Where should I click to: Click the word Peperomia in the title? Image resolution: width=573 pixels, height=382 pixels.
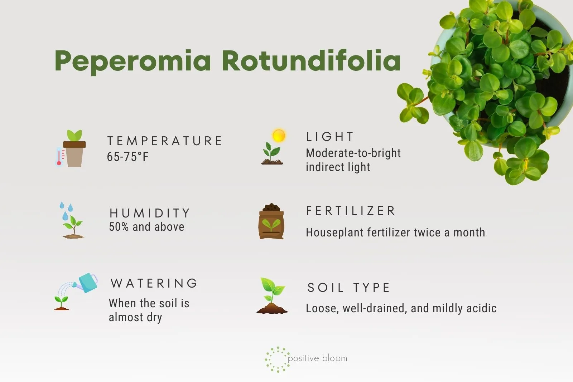133,61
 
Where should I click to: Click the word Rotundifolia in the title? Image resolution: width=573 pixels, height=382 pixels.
311,60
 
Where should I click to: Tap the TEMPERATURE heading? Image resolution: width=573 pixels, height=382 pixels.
164,141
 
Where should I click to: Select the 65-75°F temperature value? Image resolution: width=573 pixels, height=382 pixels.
127,157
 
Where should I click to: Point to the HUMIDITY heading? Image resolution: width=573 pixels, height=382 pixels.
150,213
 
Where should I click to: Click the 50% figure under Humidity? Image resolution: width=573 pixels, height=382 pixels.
119,227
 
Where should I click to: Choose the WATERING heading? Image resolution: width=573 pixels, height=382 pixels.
154,283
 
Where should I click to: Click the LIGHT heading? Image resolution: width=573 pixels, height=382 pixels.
330,137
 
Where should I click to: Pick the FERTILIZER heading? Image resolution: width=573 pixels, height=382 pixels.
351,211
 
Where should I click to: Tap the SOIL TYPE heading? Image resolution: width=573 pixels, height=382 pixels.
349,288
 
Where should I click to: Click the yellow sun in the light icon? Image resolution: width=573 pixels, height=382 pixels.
279,136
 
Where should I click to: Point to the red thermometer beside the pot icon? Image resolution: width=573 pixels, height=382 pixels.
59,156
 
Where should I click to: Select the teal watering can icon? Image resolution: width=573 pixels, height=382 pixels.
87,283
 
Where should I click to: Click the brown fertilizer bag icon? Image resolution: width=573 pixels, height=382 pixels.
271,221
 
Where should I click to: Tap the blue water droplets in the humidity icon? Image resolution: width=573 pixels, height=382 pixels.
66,211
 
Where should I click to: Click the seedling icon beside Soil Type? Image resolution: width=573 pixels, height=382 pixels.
272,295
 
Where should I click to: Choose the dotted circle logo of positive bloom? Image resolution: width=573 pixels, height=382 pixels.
277,359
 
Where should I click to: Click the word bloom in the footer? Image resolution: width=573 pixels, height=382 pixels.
334,358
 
